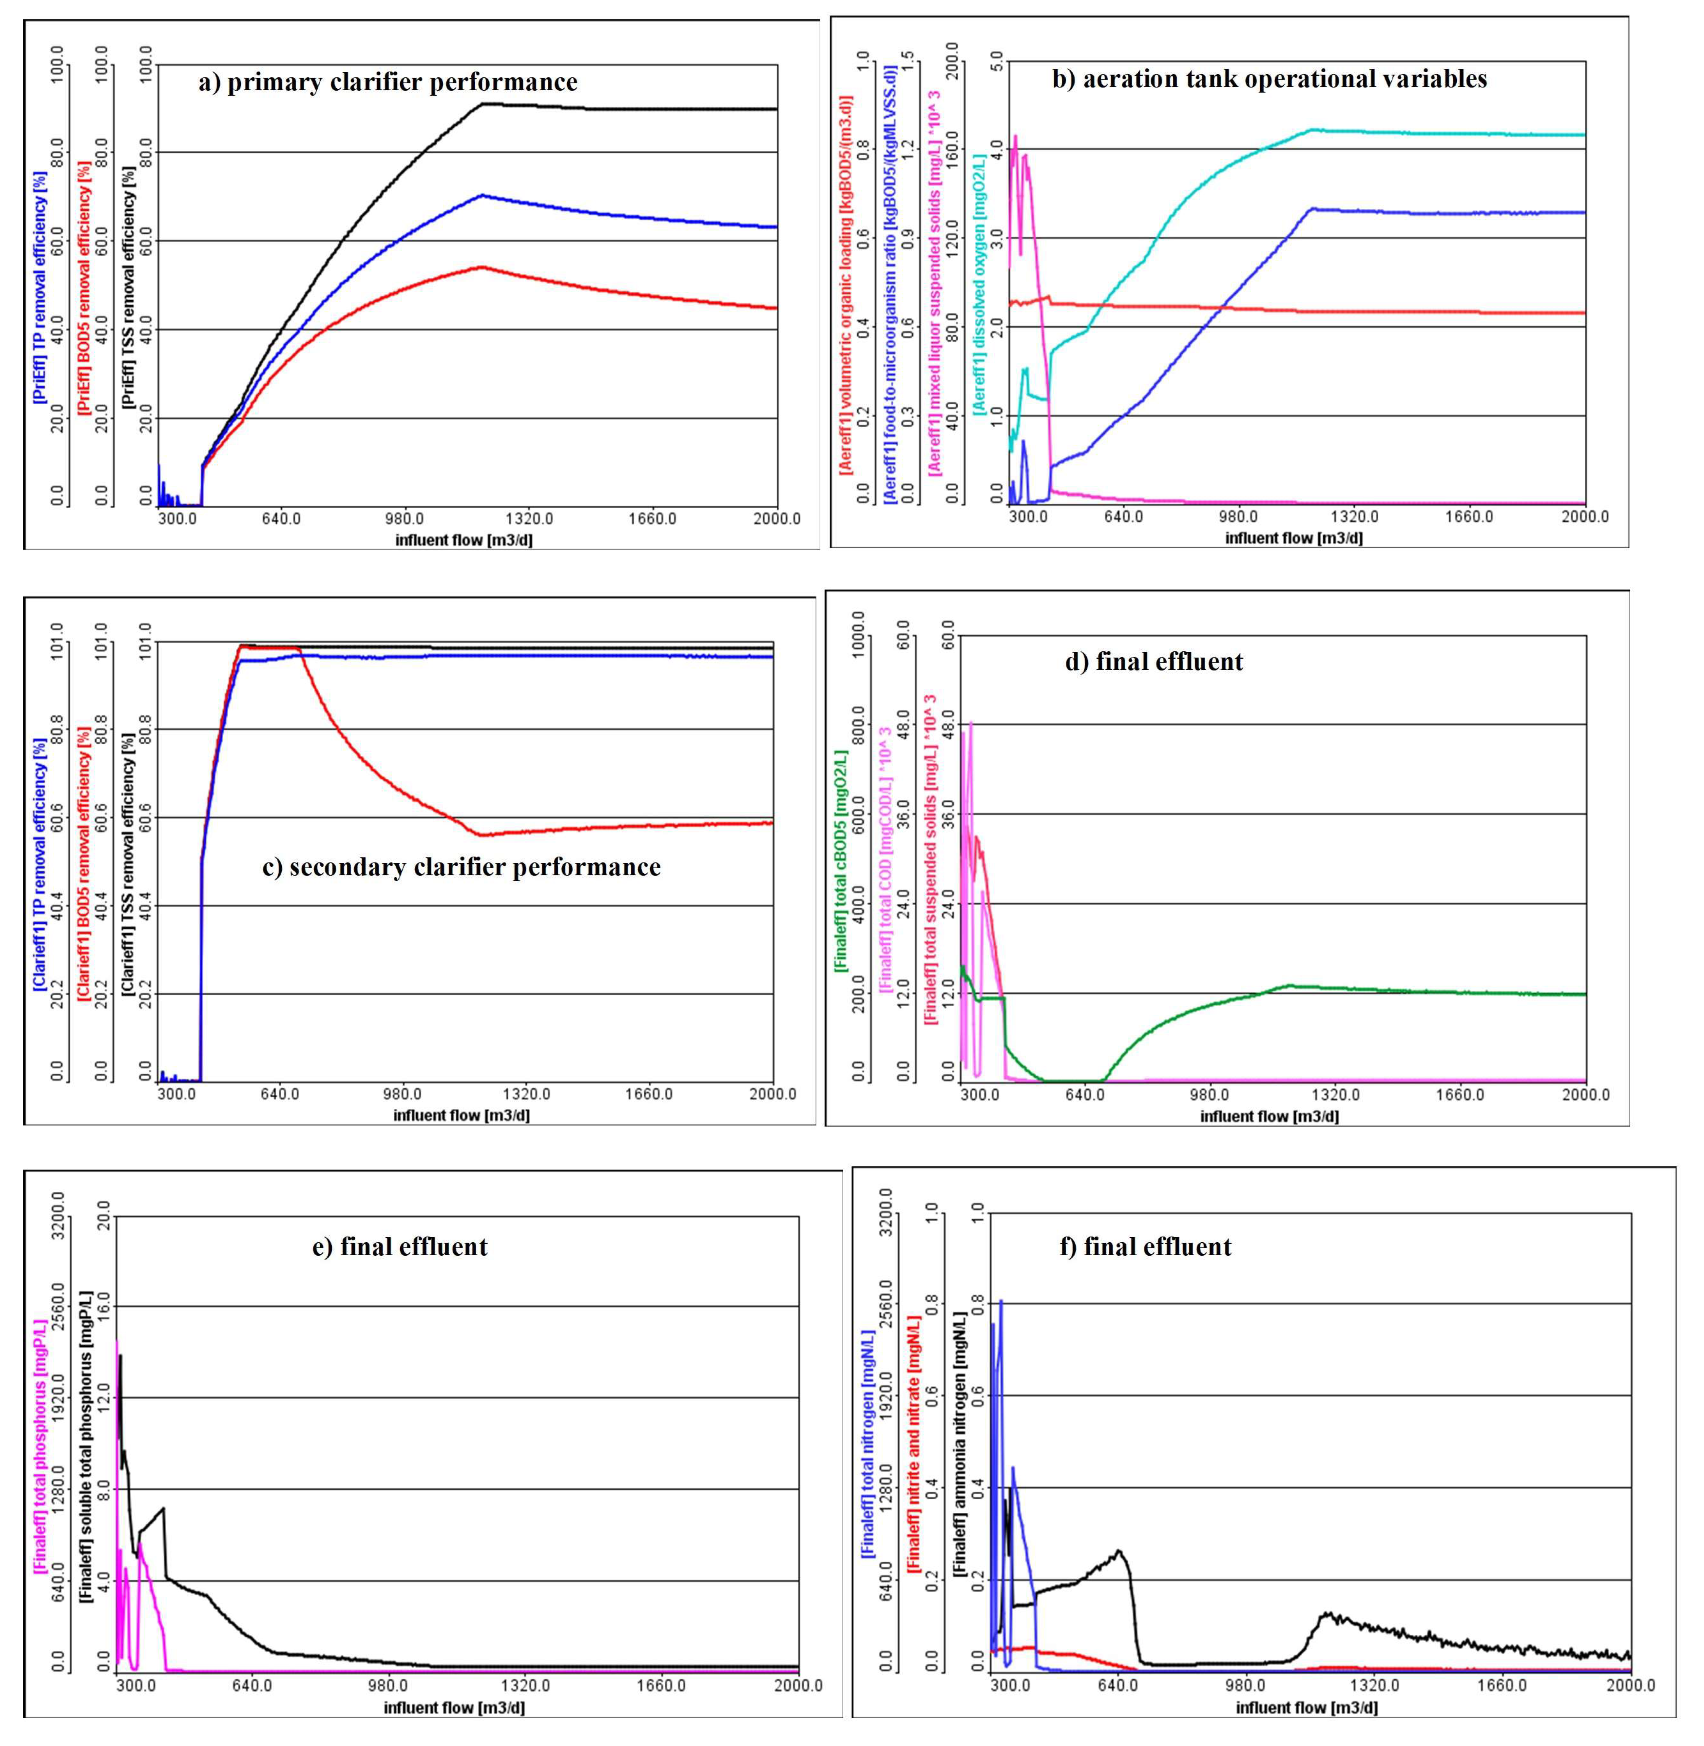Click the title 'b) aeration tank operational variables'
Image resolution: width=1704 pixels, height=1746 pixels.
(x=1269, y=79)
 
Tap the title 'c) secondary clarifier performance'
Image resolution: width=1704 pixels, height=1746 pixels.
(x=461, y=867)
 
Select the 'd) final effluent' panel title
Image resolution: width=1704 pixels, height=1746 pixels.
(x=1154, y=662)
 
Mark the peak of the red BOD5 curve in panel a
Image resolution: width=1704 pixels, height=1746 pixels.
(x=482, y=267)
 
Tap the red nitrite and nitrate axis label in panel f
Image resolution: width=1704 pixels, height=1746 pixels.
(x=914, y=1443)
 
